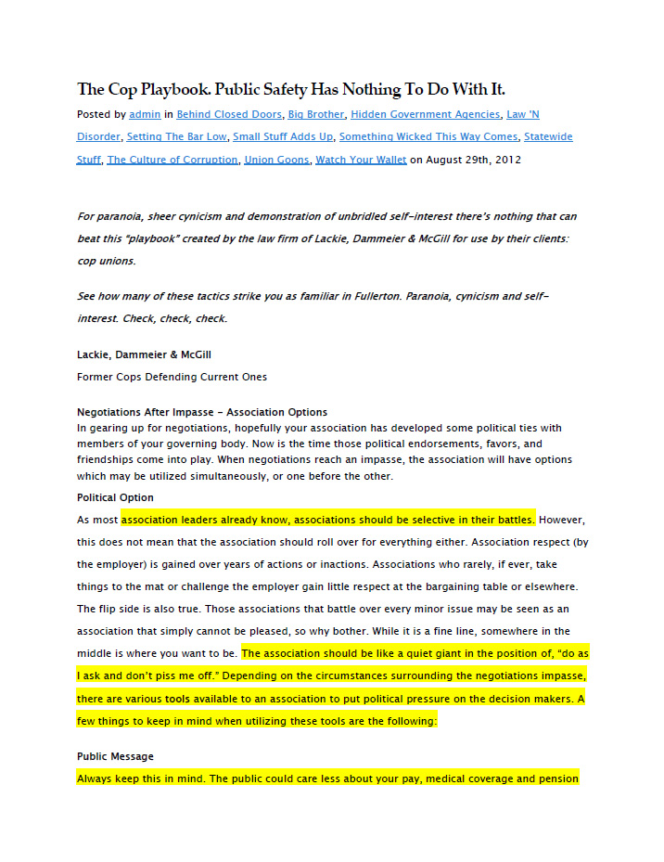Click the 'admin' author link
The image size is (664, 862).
coord(144,114)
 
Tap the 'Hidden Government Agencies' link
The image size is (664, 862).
coord(425,114)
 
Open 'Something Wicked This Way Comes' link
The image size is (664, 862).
coord(428,136)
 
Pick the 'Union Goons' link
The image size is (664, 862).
coord(276,160)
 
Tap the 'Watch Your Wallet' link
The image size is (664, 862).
coord(361,160)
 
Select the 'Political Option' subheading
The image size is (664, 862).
coord(115,497)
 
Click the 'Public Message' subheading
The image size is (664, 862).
coord(115,756)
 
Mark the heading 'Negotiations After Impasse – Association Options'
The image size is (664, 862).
coord(201,412)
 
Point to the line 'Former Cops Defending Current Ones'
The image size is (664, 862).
coord(172,377)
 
